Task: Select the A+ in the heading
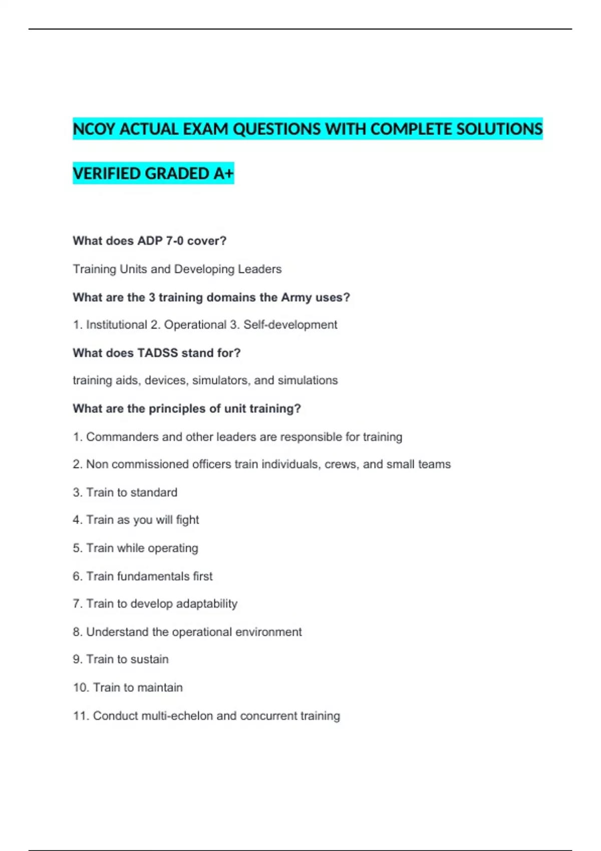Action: click(223, 174)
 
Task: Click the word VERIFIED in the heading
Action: click(106, 174)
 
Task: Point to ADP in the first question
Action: click(150, 241)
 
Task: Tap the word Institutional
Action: click(117, 325)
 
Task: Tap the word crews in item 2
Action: click(340, 465)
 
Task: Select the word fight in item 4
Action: click(187, 520)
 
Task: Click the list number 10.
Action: click(80, 688)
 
